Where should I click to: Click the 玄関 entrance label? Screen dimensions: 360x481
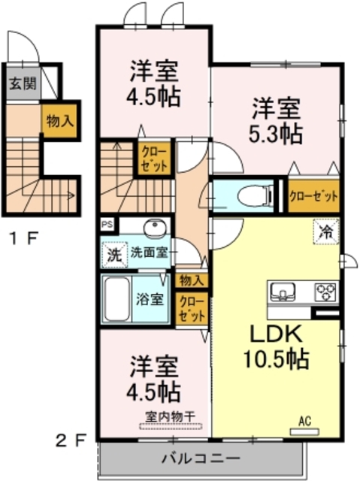point(23,83)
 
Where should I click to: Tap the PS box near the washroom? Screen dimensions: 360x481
point(107,224)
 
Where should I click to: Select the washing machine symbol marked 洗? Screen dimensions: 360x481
point(114,255)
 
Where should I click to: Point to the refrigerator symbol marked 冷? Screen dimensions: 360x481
point(326,232)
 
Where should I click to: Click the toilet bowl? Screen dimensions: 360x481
point(256,195)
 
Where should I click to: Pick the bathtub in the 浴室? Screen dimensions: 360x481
point(116,299)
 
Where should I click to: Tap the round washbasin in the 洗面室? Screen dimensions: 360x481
point(155,228)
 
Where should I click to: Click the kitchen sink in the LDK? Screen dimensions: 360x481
point(283,291)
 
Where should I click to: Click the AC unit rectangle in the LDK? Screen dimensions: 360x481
point(304,432)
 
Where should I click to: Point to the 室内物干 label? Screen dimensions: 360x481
point(170,416)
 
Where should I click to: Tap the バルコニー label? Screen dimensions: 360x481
point(201,459)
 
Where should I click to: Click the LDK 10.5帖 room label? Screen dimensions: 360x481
point(276,346)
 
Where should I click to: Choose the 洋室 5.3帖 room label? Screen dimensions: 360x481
point(276,121)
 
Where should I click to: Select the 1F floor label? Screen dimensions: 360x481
point(24,238)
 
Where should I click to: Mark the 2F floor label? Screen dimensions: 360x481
point(71,441)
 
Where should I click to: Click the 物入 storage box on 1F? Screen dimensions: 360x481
point(59,121)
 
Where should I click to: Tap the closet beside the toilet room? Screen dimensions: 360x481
point(313,195)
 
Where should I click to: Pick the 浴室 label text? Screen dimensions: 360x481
point(150,299)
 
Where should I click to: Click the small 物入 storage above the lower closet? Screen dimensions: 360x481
point(192,280)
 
